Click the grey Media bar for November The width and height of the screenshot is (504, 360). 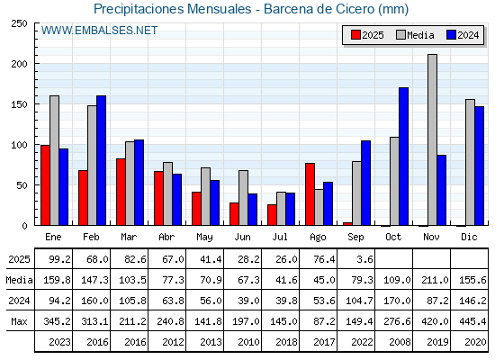(x=432, y=139)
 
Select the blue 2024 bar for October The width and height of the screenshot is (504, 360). (x=404, y=157)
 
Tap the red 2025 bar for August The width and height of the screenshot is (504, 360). (x=310, y=194)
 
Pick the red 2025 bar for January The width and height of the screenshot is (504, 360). (x=45, y=185)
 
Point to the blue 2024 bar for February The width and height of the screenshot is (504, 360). (x=101, y=160)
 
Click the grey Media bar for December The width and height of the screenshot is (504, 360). (x=470, y=162)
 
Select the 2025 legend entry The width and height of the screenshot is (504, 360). (x=367, y=35)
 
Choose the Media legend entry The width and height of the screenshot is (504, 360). (x=415, y=35)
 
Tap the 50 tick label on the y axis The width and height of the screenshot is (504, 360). (x=22, y=185)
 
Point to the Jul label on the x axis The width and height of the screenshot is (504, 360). (x=280, y=237)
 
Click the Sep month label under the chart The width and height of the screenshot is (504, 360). (x=355, y=237)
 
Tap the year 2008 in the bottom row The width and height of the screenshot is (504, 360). (x=400, y=342)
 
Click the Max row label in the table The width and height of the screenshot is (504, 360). (x=19, y=321)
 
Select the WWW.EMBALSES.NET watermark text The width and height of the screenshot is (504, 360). (x=99, y=31)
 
